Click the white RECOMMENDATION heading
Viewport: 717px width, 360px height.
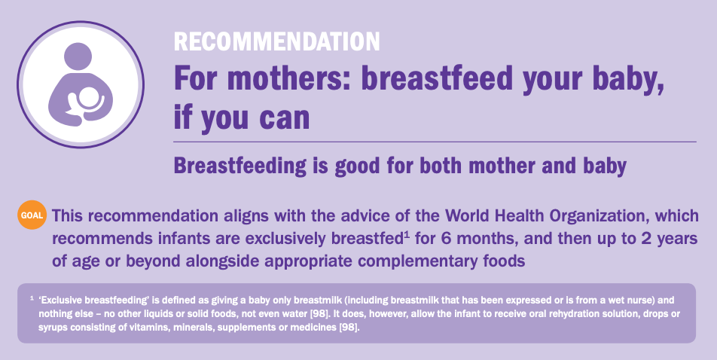pos(276,41)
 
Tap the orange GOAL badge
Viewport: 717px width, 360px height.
pos(32,215)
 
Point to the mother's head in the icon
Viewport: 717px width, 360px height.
pos(78,56)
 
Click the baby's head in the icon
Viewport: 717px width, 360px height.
pos(87,98)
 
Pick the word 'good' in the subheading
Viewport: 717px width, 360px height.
pos(358,166)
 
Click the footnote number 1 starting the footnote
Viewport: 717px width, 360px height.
pos(32,298)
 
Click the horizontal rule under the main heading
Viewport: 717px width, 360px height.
pos(435,142)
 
